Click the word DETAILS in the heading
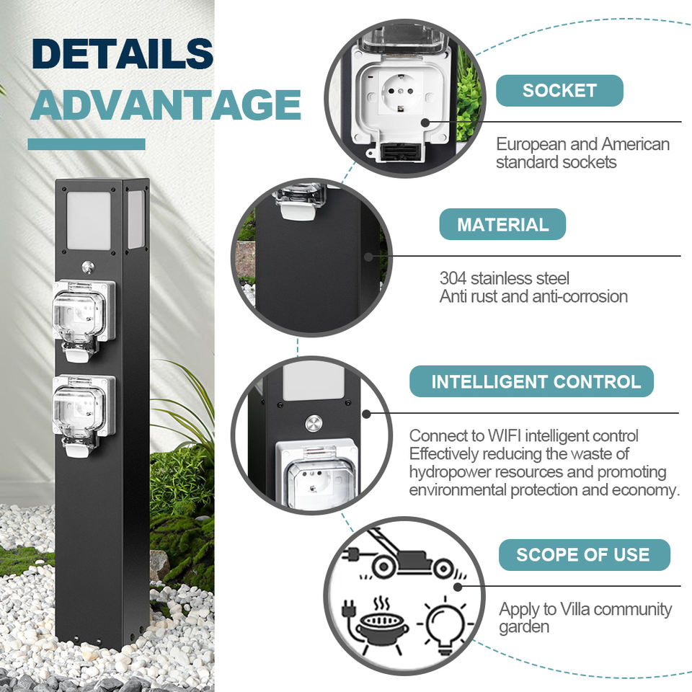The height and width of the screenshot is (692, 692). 123,55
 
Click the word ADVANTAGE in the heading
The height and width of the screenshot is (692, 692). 165,105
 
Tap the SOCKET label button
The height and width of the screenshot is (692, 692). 559,91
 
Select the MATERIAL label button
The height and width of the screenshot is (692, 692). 502,225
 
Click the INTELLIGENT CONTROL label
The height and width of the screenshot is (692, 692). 536,381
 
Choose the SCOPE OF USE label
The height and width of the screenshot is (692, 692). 583,554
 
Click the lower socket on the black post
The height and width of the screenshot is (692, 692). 84,412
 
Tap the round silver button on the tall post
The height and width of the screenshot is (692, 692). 88,267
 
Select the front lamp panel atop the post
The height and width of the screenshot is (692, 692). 89,221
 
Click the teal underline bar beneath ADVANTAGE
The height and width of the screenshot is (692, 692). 86,144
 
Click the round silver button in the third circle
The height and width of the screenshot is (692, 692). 314,423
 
